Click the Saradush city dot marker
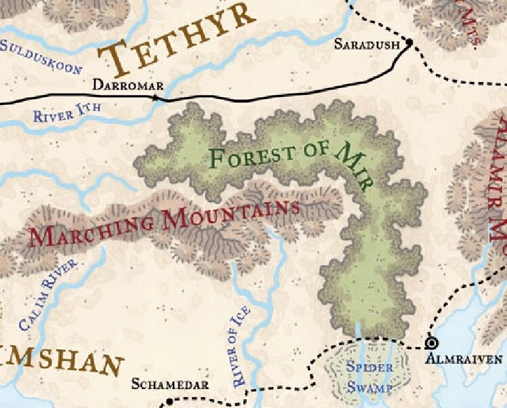coord(409,43)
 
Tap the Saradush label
coord(368,45)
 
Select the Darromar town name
coord(128,86)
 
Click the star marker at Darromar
coord(155,98)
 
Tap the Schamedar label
coord(170,384)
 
